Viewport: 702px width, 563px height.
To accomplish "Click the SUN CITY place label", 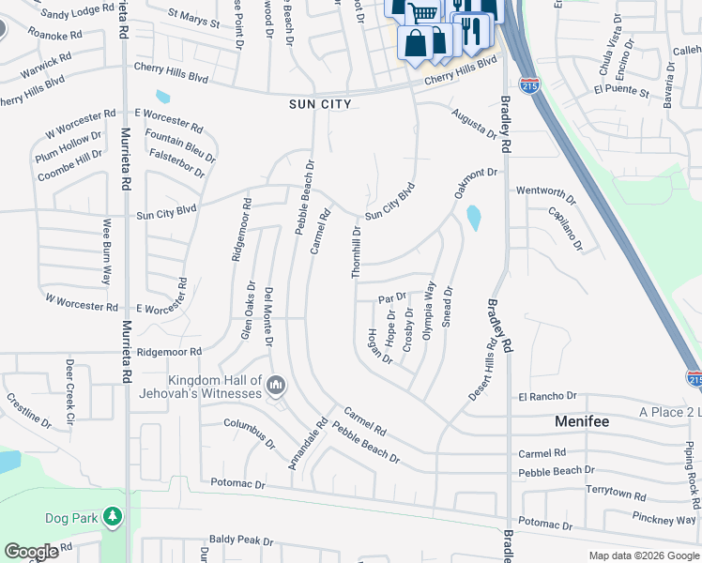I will coord(320,104).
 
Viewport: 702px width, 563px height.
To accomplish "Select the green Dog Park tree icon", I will coord(113,517).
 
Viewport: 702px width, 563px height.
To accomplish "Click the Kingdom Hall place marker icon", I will coord(276,386).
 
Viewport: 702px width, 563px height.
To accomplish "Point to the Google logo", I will coord(31,551).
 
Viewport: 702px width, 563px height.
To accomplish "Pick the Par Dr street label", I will coord(392,297).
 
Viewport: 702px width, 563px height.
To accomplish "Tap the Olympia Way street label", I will coord(429,311).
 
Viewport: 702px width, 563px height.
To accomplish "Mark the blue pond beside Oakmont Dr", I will coord(473,219).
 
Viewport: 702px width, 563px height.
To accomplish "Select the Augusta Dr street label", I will coord(473,123).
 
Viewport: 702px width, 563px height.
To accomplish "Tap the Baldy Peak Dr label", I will coord(240,540).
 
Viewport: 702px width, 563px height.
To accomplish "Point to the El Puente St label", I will coord(620,92).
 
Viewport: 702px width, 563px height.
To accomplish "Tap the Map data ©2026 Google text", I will coord(643,555).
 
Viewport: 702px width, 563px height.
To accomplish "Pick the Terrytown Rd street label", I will coord(615,495).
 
